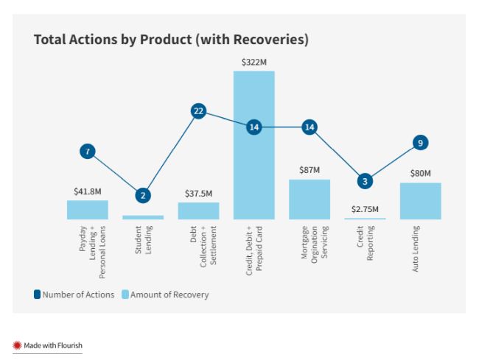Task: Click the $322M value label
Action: point(254,63)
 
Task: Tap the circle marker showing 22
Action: point(198,111)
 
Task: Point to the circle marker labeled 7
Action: point(88,152)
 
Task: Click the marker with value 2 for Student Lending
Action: point(143,196)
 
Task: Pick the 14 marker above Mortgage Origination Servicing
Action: point(310,127)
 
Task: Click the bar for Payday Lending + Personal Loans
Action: point(88,210)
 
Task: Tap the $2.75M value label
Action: point(365,209)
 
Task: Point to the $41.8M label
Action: point(87,191)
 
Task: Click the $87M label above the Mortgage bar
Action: point(310,170)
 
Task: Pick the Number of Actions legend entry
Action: point(74,294)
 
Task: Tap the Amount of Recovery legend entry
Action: point(165,294)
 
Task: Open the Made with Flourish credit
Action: point(48,345)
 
